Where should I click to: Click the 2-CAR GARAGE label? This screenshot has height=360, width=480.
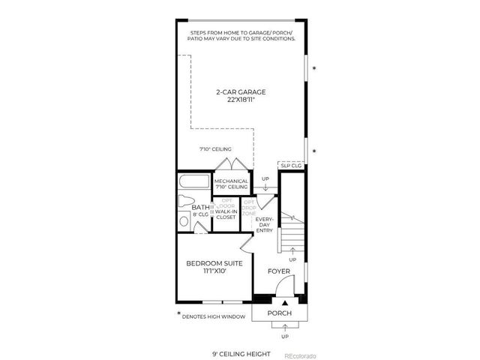(241, 92)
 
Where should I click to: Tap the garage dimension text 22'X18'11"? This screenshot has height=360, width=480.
(241, 100)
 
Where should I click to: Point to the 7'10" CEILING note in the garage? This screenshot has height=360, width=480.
(214, 149)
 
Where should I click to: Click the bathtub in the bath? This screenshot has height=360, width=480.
(195, 182)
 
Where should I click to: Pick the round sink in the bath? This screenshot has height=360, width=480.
(184, 220)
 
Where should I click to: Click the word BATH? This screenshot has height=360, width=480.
(200, 207)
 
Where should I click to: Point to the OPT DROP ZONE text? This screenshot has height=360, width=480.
(249, 208)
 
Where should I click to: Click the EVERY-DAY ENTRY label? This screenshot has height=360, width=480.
(265, 225)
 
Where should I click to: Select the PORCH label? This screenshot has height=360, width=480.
(279, 312)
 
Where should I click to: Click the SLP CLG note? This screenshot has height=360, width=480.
(289, 166)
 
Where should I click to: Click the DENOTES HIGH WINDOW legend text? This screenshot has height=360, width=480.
(214, 317)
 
